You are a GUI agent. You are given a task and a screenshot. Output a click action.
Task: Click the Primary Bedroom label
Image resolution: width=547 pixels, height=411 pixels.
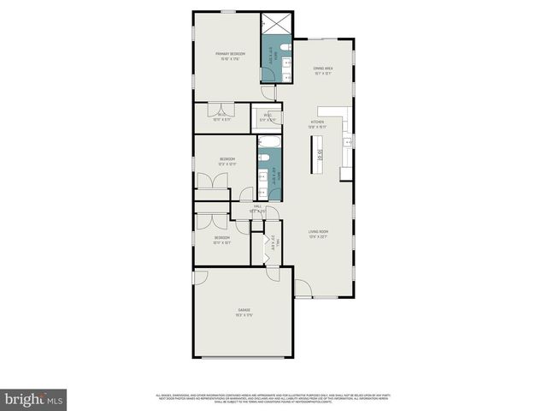point(226,54)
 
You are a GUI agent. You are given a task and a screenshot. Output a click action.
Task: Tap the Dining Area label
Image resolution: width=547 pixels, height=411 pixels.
point(322,68)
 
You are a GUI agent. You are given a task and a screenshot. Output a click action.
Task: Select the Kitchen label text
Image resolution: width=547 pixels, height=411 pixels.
point(317,122)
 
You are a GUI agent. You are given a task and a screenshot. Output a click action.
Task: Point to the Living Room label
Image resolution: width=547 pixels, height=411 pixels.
point(319,231)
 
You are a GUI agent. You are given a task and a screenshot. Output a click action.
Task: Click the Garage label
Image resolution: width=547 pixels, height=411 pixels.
point(244,310)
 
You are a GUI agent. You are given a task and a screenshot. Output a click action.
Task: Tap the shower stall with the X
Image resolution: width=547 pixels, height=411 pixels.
point(276,23)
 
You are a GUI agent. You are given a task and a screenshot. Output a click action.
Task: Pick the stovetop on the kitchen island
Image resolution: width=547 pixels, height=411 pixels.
point(319,156)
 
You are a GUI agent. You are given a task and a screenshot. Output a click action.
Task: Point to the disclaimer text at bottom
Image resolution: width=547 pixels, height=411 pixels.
point(273,397)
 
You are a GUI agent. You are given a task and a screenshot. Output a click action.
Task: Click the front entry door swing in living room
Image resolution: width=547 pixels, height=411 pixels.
point(303,289)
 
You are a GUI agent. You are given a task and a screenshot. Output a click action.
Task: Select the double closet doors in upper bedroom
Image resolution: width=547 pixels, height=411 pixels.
point(210,181)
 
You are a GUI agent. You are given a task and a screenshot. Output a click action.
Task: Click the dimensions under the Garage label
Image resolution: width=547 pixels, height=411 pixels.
point(244,316)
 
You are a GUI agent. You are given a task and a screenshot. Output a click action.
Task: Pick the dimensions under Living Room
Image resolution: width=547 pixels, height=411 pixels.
point(319,237)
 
